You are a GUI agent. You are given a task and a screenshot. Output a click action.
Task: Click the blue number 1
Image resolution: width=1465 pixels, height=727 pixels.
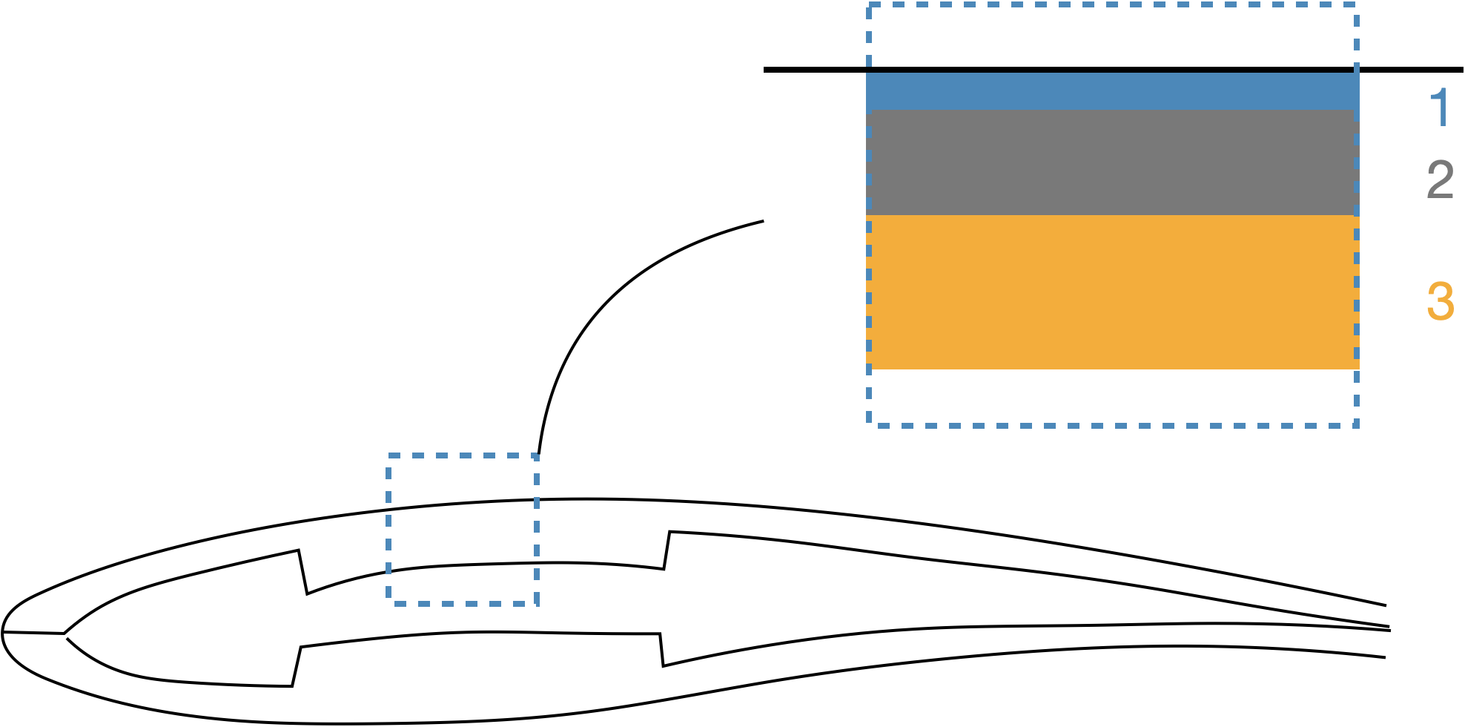[x=1441, y=108]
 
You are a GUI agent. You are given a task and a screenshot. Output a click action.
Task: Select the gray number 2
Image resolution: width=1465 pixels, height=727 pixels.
[x=1441, y=180]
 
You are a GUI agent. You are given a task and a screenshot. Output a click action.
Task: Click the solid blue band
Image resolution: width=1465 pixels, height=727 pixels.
[x=1112, y=91]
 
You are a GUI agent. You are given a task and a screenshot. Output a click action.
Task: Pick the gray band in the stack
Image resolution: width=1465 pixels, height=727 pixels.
[x=1112, y=162]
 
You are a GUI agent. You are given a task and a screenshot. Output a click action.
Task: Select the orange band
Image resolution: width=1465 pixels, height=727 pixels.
[x=1112, y=292]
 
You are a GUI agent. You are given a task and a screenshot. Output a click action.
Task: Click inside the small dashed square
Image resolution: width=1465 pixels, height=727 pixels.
[x=463, y=530]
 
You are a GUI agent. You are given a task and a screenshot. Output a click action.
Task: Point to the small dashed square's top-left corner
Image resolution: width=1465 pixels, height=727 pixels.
[x=388, y=455]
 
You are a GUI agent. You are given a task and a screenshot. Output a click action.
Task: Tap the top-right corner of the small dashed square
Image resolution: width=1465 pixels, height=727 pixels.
[x=537, y=455]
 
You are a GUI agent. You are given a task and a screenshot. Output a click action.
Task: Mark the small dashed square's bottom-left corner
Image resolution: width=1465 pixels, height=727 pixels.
[x=388, y=604]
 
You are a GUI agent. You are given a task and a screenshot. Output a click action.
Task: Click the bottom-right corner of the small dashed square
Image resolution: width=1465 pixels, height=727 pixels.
[x=537, y=604]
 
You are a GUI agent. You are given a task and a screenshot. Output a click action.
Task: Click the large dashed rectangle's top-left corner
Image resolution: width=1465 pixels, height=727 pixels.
[x=869, y=4]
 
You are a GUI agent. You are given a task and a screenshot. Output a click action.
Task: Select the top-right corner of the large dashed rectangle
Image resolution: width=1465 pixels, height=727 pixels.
[x=1356, y=4]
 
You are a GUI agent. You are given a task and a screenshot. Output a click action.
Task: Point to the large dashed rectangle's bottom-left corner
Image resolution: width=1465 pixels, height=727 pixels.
[x=869, y=425]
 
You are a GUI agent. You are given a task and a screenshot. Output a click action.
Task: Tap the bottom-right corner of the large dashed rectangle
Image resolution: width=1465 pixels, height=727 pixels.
[x=1356, y=425]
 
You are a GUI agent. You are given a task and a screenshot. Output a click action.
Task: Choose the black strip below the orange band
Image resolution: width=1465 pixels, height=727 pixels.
[x=1112, y=397]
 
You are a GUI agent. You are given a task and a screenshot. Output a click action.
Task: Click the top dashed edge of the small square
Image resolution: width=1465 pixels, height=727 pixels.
[x=463, y=455]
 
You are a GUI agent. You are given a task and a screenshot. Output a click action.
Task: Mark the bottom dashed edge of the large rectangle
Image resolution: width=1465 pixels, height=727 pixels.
[x=1112, y=425]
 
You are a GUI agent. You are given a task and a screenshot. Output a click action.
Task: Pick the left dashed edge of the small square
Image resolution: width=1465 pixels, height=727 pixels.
[x=388, y=530]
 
